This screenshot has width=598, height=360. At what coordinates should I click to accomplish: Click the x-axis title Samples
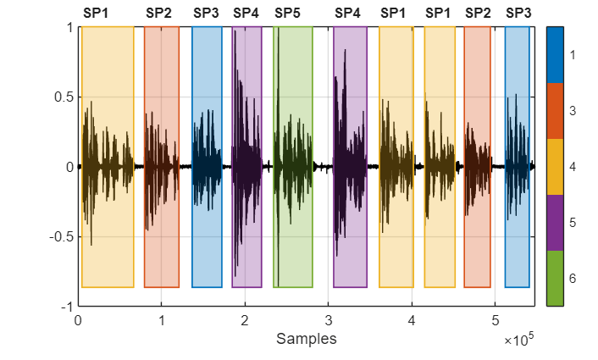[306, 339]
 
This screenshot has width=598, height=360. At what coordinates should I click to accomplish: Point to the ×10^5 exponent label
[518, 341]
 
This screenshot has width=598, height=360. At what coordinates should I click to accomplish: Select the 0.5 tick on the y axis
[62, 97]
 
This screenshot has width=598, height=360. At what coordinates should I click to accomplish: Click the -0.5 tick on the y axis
[59, 236]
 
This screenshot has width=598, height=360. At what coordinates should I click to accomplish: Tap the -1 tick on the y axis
[64, 307]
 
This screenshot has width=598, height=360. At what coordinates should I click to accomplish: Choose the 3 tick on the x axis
[328, 320]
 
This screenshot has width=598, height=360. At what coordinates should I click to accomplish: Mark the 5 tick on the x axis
[495, 320]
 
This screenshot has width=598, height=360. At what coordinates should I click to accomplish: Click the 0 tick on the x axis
[78, 320]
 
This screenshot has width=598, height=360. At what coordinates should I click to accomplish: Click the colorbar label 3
[573, 111]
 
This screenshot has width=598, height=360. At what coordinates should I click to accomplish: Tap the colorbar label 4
[573, 167]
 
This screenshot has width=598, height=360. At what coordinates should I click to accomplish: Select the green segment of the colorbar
[555, 278]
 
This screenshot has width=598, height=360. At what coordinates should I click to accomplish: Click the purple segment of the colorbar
[555, 222]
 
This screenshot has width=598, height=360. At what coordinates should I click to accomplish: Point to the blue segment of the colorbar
[555, 54]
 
